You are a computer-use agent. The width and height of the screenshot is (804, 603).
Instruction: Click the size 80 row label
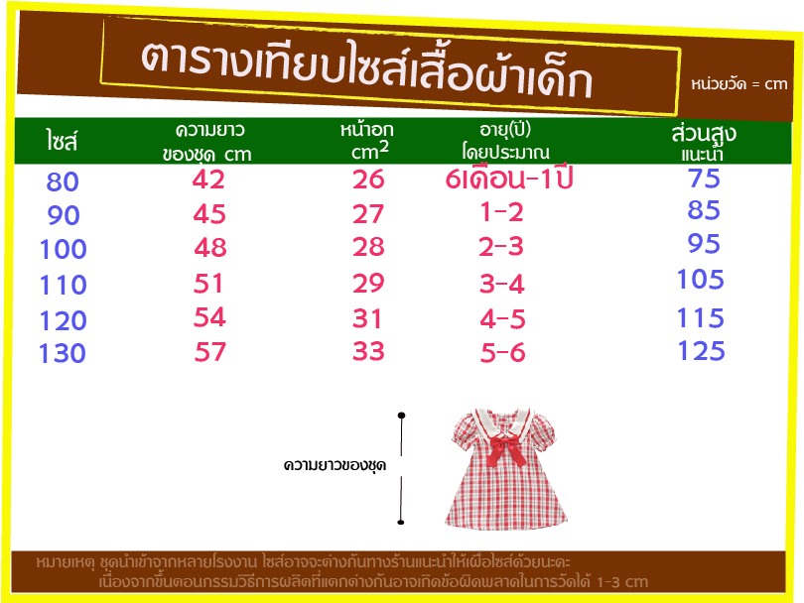[x=63, y=181]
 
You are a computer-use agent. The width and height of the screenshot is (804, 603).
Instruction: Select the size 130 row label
[x=63, y=353]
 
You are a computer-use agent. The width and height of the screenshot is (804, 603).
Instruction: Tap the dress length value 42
[x=208, y=180]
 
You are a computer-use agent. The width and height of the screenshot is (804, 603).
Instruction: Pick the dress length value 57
[x=210, y=352]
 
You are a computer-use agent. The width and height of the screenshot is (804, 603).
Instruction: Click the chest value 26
[x=368, y=180]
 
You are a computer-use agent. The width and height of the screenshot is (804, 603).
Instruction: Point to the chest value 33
[x=368, y=351]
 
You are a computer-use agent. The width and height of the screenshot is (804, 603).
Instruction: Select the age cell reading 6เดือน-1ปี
[x=508, y=179]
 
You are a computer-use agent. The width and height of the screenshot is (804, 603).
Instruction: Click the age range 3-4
[x=502, y=284]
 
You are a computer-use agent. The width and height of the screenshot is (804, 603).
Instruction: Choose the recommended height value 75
[x=704, y=179]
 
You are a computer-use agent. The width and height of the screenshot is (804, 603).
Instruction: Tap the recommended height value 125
[x=702, y=351]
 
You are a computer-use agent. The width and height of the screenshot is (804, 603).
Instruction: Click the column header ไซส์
[x=62, y=141]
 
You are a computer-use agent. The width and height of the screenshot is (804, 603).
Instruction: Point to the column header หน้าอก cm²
[x=367, y=141]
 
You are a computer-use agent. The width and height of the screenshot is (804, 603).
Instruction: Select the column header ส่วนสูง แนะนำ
[x=704, y=142]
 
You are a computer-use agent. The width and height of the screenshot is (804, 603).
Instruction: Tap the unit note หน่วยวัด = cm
[x=738, y=84]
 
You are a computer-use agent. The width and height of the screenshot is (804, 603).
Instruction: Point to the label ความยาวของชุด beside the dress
[x=335, y=465]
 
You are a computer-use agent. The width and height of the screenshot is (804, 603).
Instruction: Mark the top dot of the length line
[x=401, y=416]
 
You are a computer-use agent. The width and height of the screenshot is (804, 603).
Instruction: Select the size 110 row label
[x=64, y=285]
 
